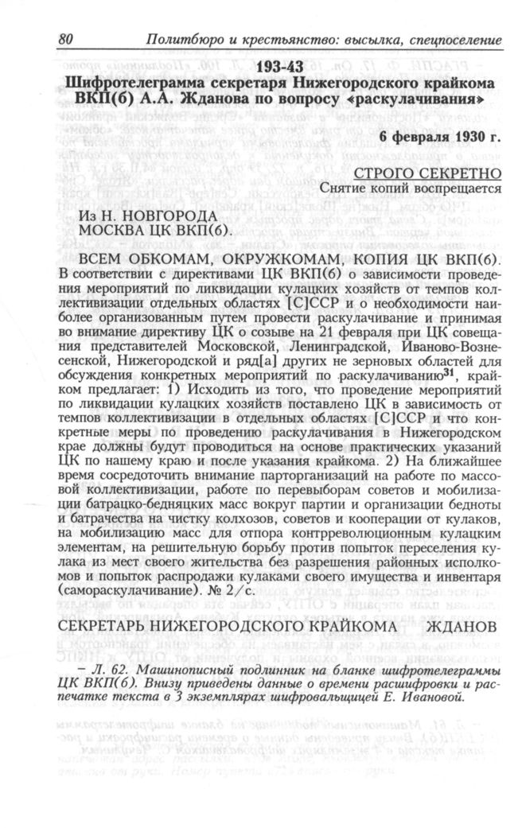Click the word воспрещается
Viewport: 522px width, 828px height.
tap(461, 189)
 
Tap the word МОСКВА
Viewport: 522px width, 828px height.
tap(113, 230)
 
